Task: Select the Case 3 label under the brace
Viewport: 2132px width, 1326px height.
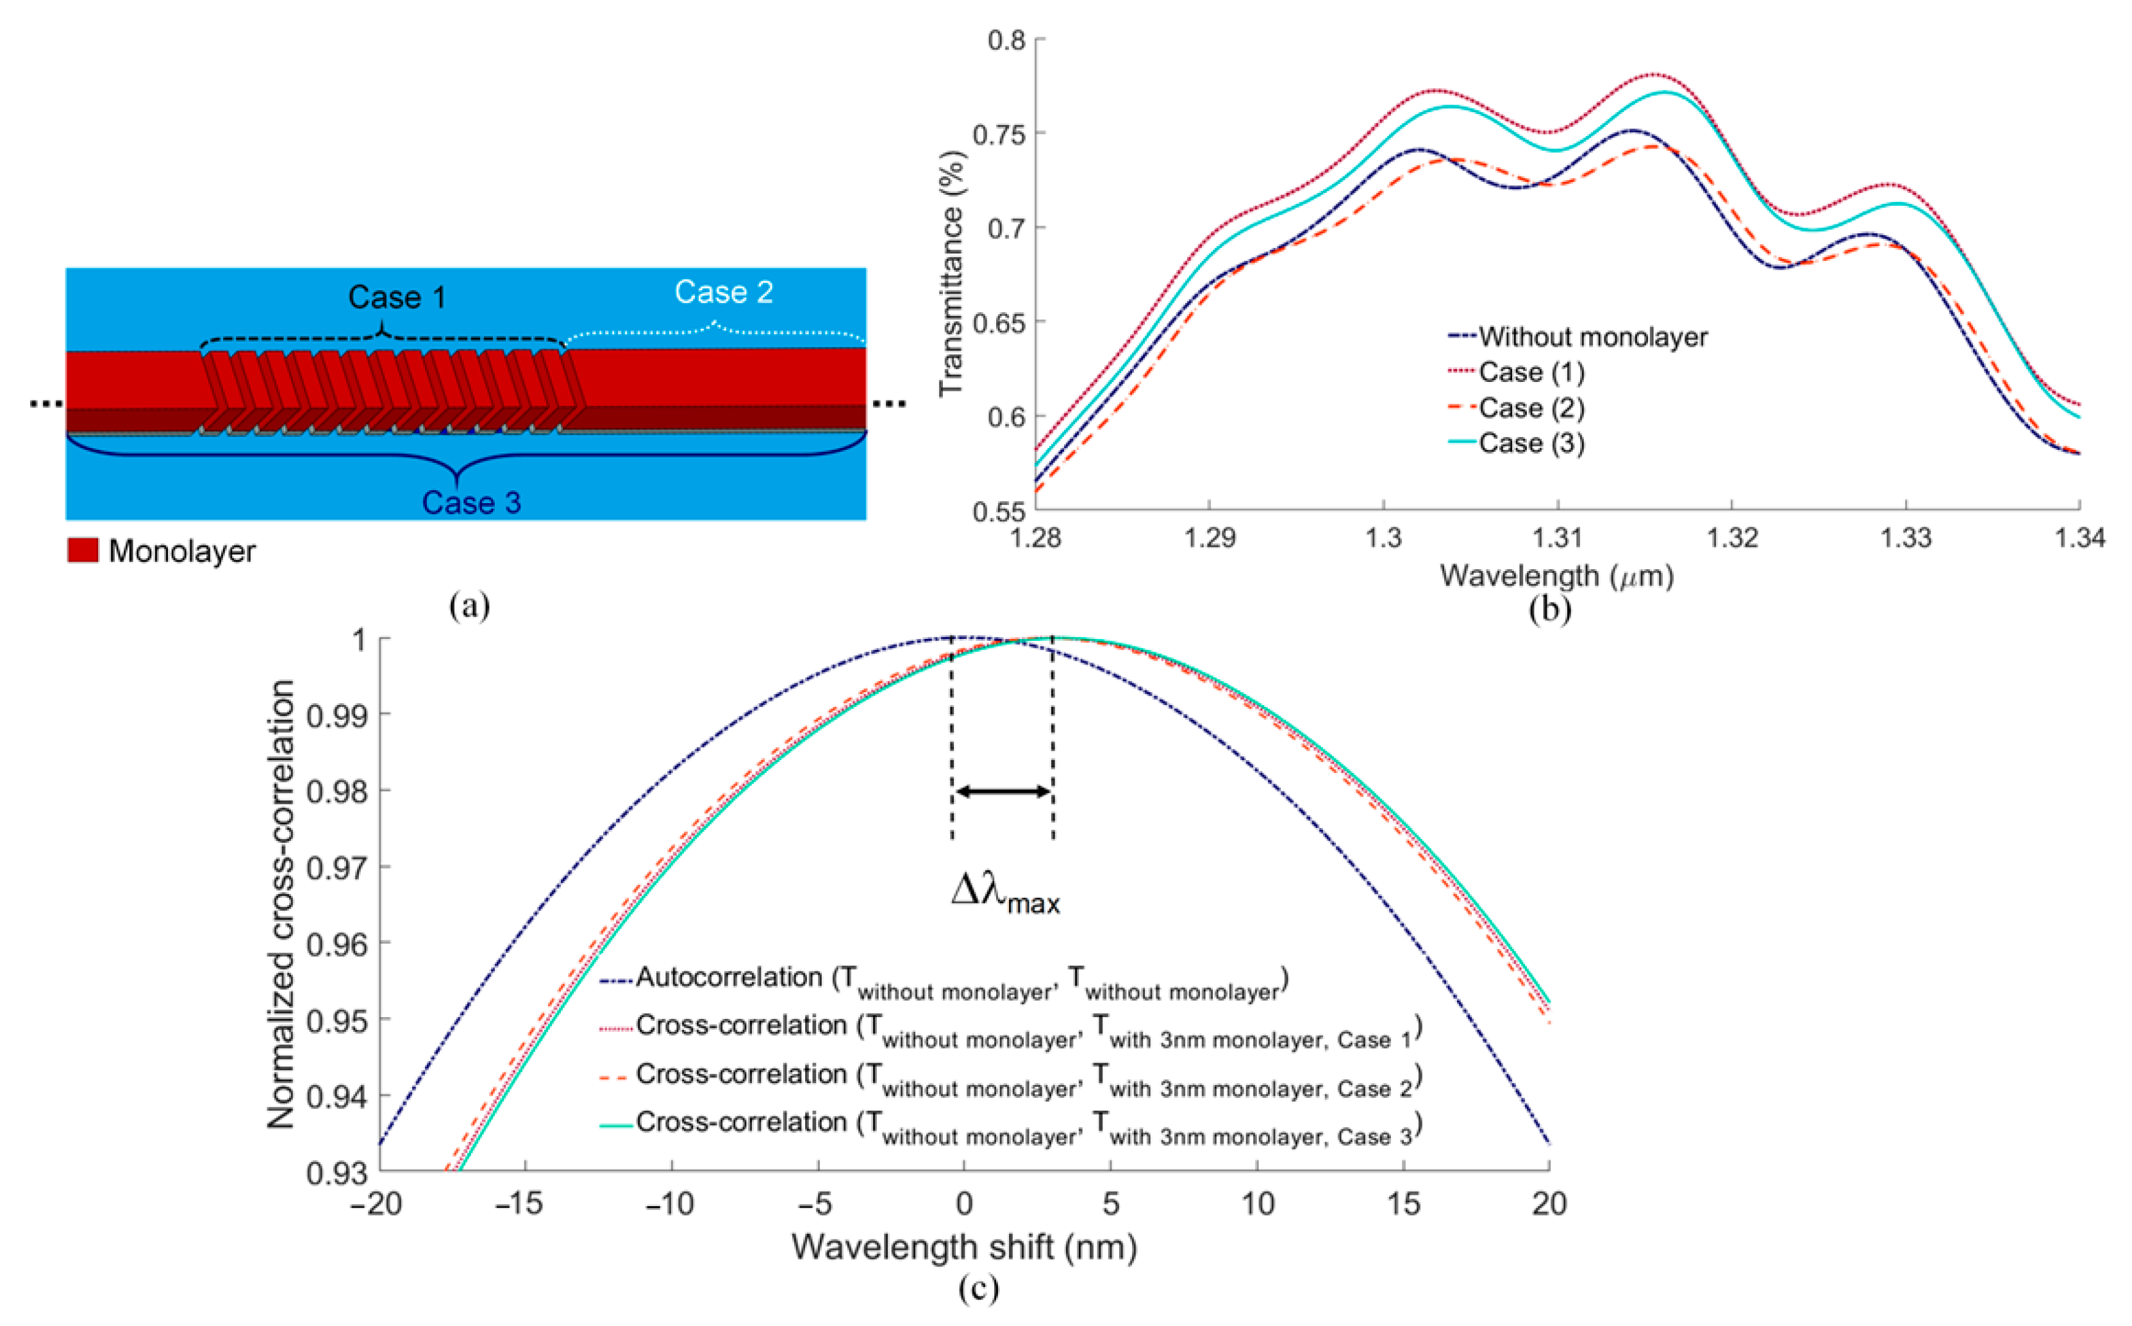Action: tap(471, 502)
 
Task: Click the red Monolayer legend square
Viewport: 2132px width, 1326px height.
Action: tap(83, 551)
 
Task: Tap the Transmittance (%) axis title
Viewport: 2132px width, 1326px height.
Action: tap(951, 274)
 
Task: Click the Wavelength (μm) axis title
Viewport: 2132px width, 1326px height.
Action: tap(1556, 576)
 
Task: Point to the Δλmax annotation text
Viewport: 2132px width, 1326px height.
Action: tap(1005, 895)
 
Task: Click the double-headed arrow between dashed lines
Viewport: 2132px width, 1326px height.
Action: tap(1003, 792)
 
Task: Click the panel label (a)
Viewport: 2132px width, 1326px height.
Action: tap(469, 605)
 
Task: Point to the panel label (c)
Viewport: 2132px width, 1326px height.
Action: tap(978, 1288)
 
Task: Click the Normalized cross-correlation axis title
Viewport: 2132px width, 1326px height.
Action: tap(281, 903)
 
